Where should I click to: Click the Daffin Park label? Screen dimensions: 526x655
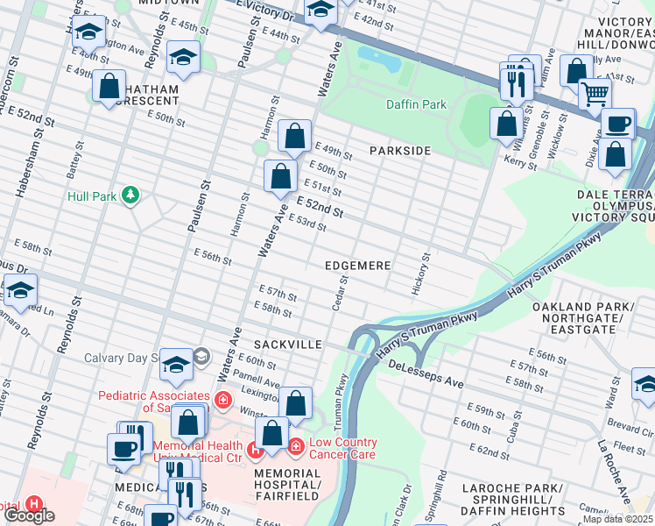click(416, 104)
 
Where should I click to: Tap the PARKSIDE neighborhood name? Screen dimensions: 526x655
click(399, 151)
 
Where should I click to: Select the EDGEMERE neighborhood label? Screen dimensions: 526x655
click(356, 265)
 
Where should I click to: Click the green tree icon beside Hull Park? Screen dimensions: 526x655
click(130, 194)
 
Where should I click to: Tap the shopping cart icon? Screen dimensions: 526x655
click(595, 91)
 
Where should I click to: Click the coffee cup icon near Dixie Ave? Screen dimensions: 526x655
click(618, 123)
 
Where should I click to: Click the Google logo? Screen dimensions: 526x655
click(29, 515)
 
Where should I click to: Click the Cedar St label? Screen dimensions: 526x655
click(340, 294)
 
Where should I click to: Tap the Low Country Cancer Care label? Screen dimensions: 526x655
click(342, 448)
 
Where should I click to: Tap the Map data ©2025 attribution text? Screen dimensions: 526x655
click(617, 519)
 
